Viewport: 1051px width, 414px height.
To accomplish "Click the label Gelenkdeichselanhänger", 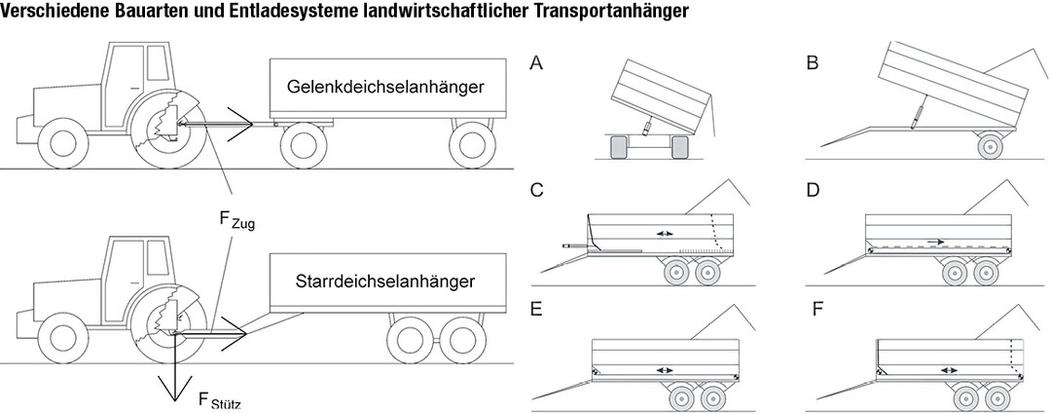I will [x=386, y=87].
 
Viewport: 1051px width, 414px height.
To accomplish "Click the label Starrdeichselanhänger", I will [x=384, y=282].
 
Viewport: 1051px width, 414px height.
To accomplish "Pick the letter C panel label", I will [x=536, y=189].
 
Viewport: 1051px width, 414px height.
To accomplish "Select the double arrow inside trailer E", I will [x=665, y=370].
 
